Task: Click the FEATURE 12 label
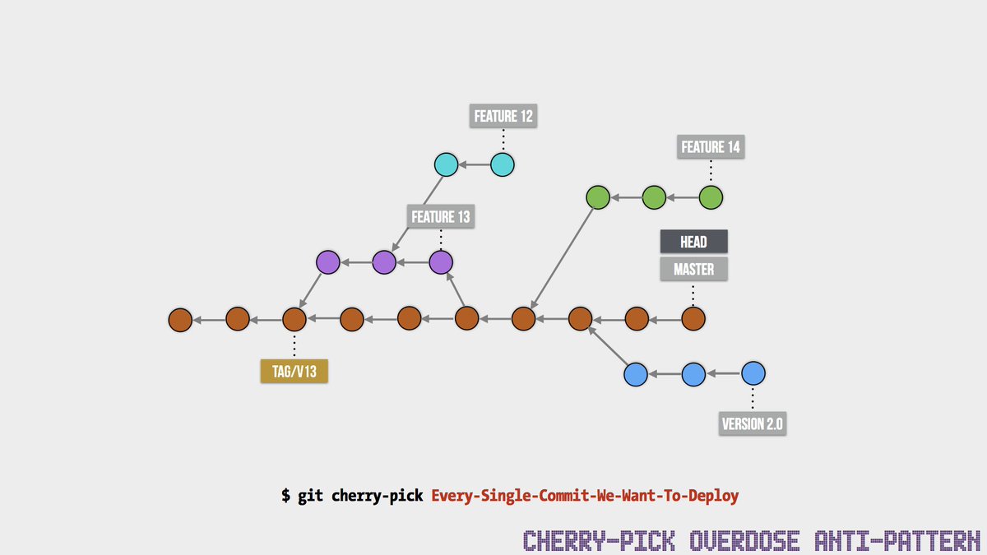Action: (503, 116)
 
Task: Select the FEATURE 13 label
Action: (441, 217)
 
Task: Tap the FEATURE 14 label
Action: (711, 147)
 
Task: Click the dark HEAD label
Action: (694, 242)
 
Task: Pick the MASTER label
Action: (693, 269)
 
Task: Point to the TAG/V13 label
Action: (294, 372)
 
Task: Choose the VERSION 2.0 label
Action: (753, 424)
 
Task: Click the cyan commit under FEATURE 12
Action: (503, 165)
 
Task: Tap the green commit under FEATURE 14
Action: (711, 197)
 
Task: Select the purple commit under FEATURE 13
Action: (441, 262)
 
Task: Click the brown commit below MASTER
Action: (693, 318)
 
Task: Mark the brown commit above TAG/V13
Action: (294, 318)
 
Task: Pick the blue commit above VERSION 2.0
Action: (753, 374)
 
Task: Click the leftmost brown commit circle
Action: (180, 319)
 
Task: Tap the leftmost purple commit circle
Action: (328, 262)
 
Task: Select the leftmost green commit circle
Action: (597, 197)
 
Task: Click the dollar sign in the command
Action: (285, 496)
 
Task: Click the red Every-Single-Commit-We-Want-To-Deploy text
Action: (585, 496)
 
